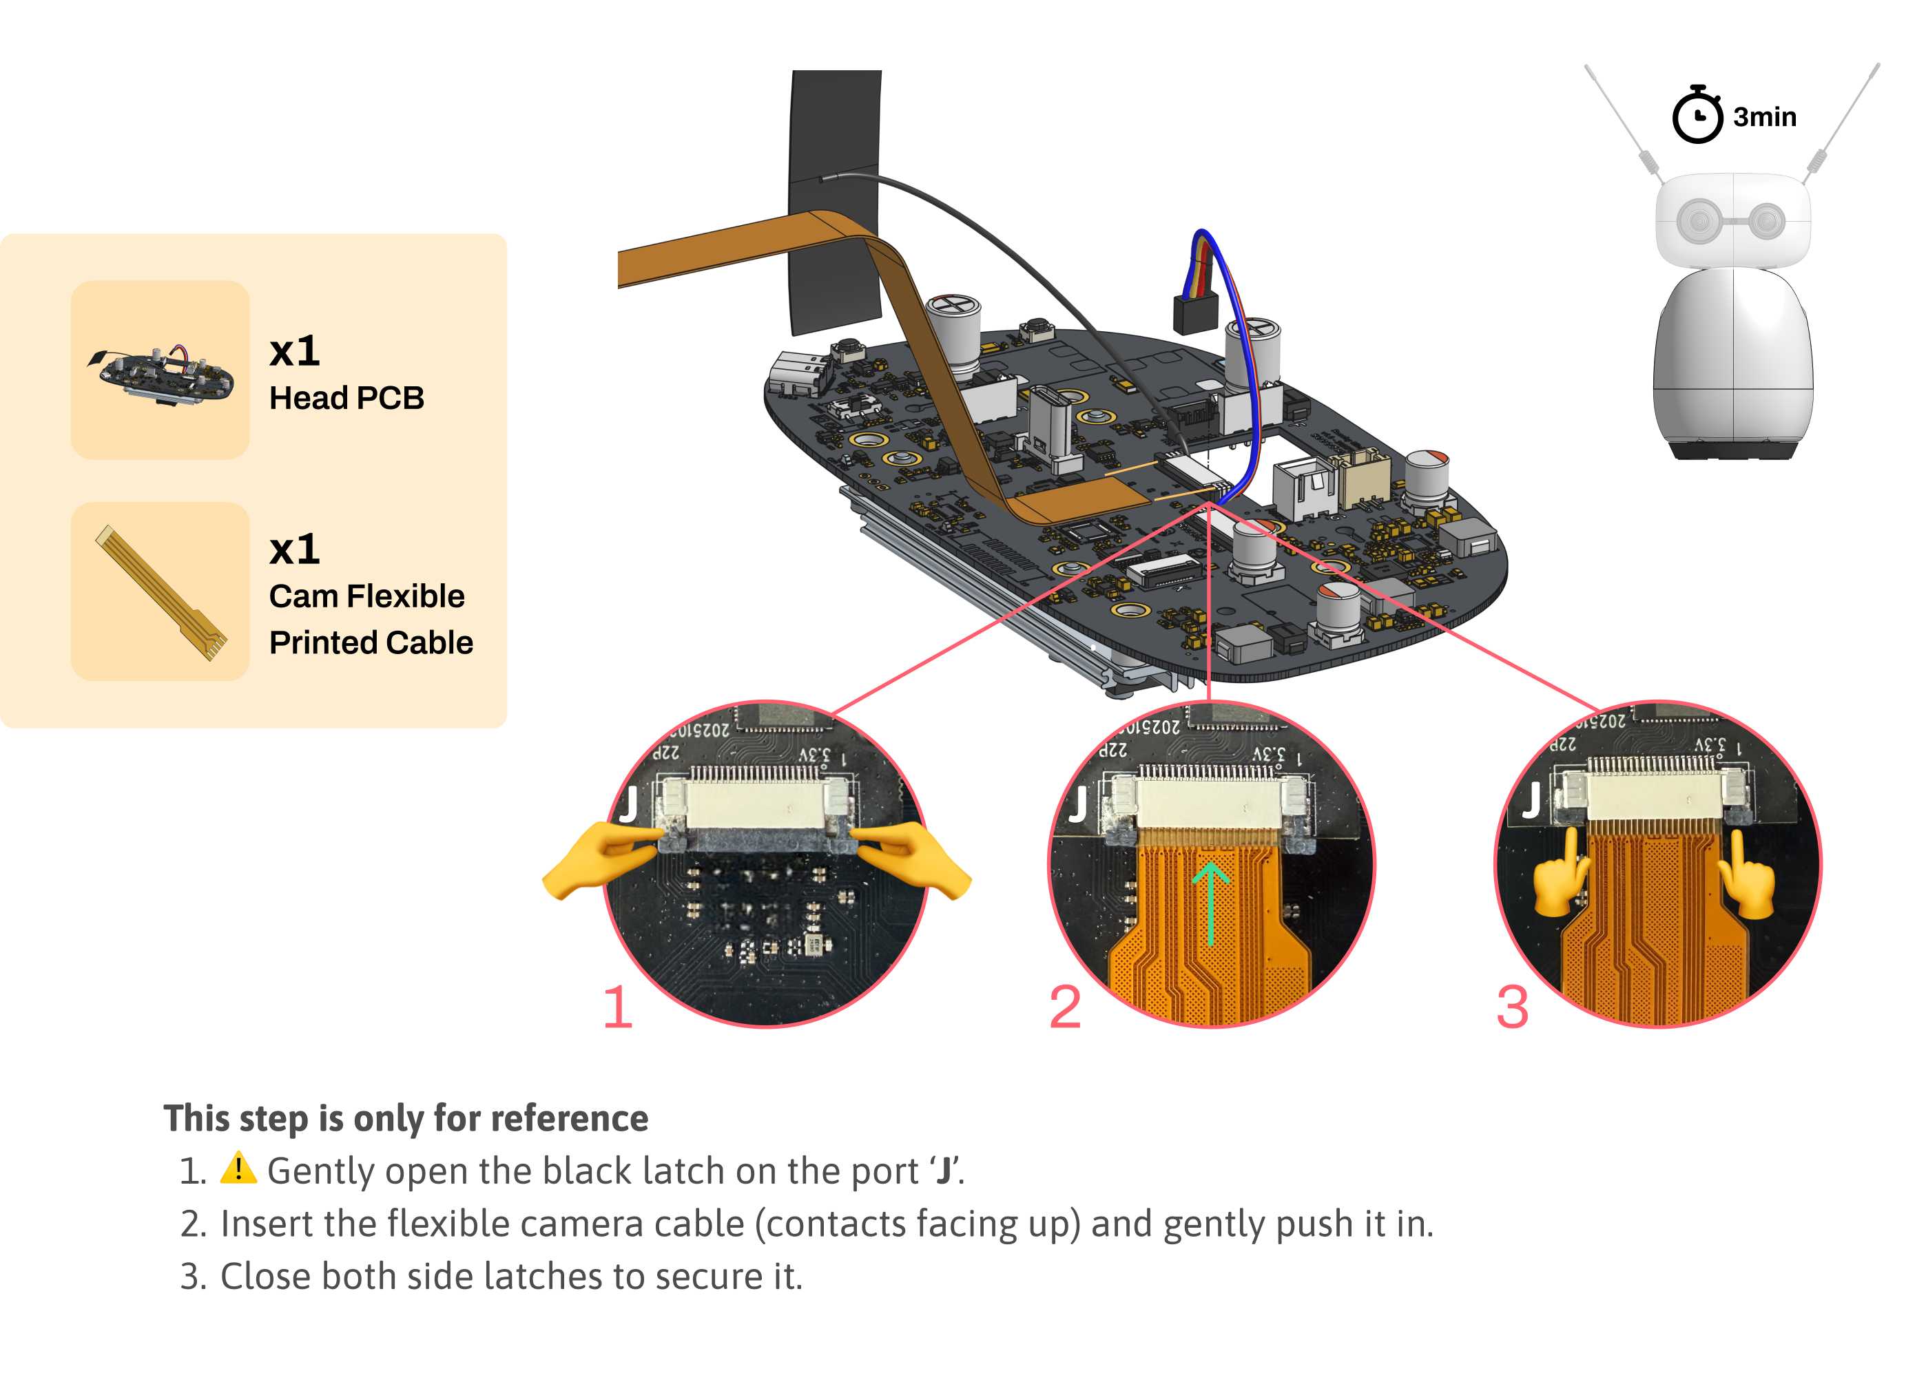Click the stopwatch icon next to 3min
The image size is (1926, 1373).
pos(1696,116)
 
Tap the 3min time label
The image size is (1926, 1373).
pos(1764,116)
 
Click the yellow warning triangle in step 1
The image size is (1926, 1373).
pos(238,1168)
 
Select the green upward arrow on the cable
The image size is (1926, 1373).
pos(1210,901)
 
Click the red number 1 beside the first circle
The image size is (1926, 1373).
pos(617,1007)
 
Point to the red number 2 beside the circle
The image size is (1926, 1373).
pos(1064,1007)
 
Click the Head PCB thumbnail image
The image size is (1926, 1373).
pos(160,370)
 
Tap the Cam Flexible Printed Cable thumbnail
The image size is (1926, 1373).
pos(160,591)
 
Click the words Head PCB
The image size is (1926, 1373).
pos(346,398)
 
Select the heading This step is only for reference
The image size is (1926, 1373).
pos(406,1118)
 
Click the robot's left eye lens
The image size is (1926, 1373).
pos(1697,222)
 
